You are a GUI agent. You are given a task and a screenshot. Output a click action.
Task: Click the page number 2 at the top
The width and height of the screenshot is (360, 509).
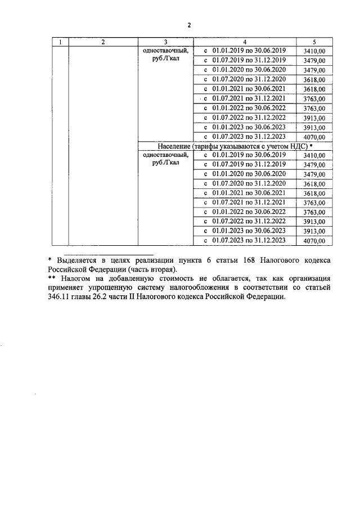pos(189,25)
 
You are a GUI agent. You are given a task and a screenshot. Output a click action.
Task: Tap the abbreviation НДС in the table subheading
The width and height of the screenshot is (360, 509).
pos(297,146)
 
